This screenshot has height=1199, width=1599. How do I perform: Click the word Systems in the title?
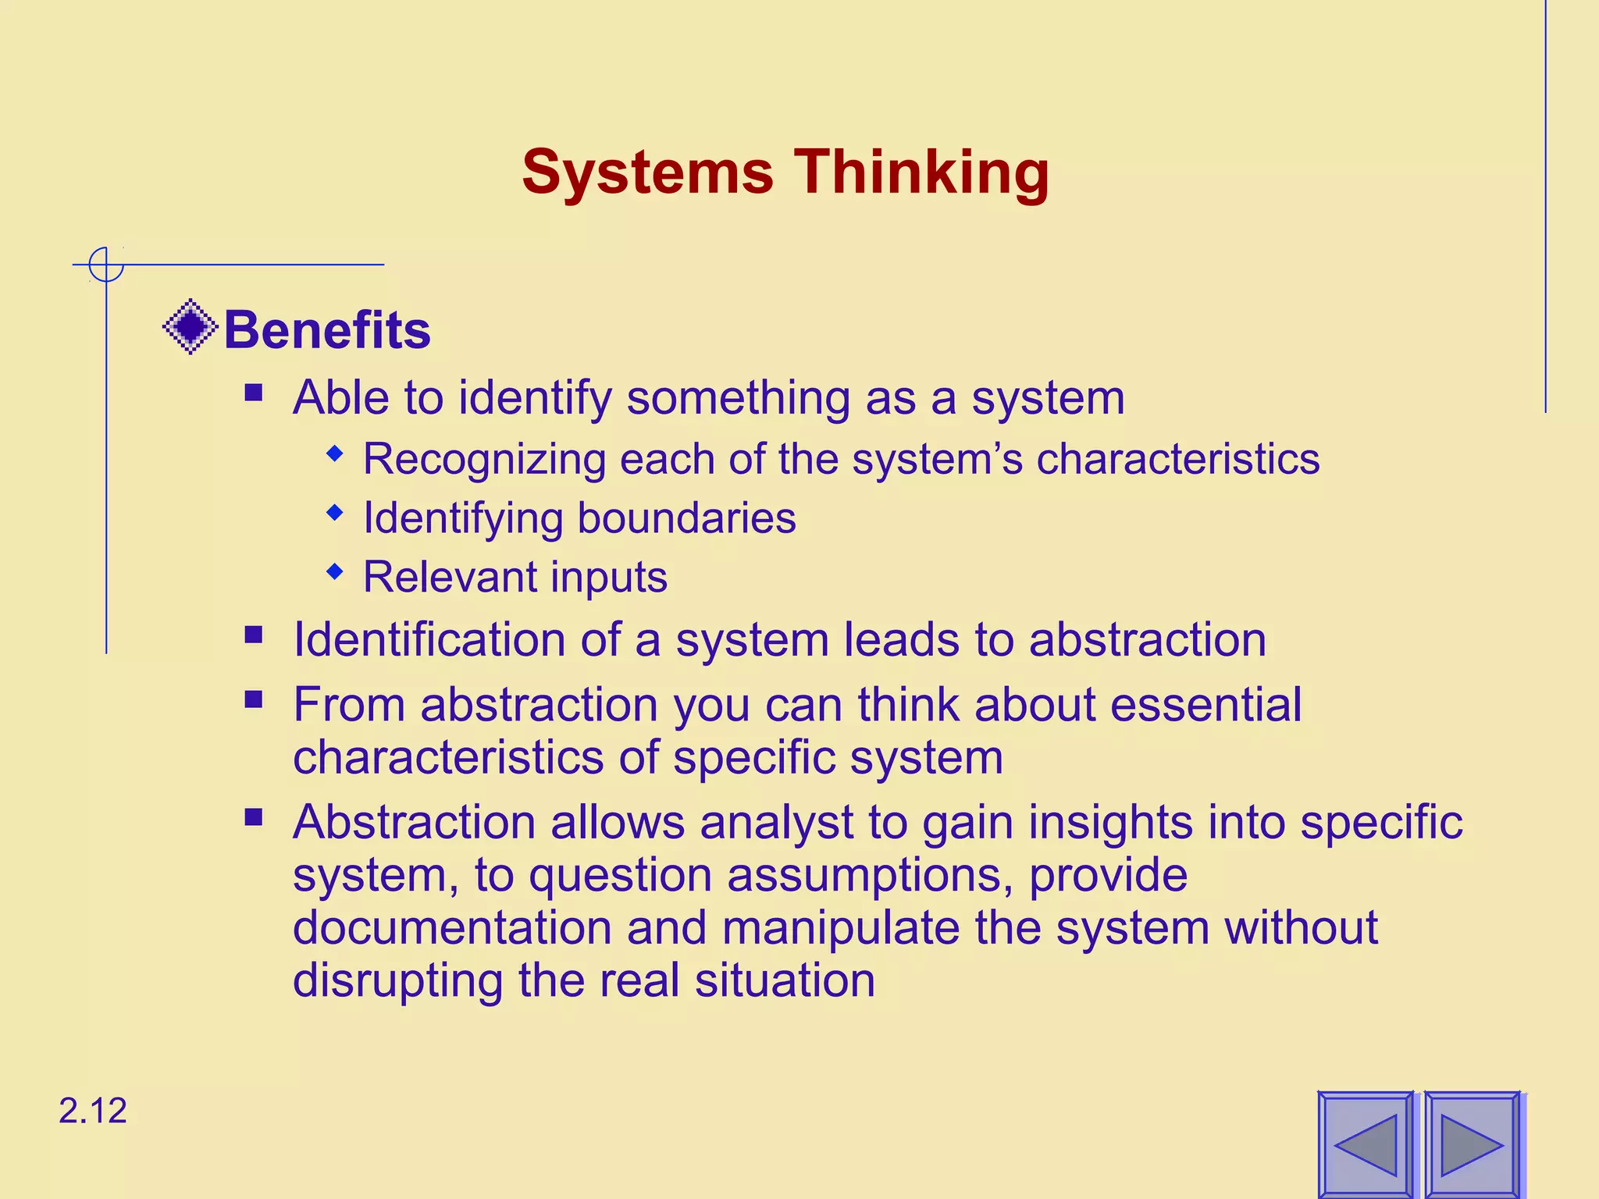point(647,173)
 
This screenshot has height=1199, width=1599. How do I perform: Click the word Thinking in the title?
point(921,173)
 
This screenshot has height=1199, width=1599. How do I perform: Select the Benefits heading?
point(327,330)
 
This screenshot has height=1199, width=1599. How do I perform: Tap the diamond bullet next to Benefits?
point(190,327)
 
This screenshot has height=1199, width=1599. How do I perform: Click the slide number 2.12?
point(92,1111)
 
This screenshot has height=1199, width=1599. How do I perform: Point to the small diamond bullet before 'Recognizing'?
point(335,454)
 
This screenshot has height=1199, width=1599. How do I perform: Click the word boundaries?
point(686,518)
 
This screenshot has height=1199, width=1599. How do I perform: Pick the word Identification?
point(429,640)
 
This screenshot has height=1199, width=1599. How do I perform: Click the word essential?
point(1205,705)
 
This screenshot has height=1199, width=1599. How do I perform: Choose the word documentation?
point(452,928)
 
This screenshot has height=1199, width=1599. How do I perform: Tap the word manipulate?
point(842,928)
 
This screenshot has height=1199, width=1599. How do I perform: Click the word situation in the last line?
point(785,980)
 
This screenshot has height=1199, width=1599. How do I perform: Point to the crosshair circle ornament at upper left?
point(105,265)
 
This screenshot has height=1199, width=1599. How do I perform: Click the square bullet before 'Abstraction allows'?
point(254,817)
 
